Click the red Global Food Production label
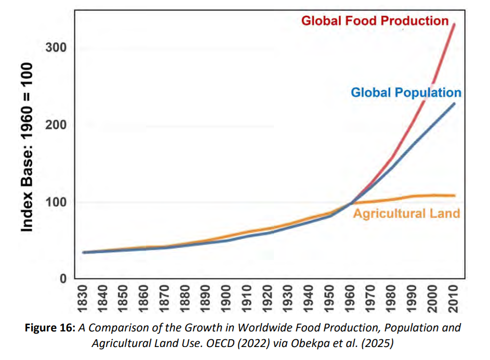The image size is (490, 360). [x=375, y=21]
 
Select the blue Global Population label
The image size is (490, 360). [x=406, y=92]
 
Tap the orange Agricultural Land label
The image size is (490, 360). [x=406, y=213]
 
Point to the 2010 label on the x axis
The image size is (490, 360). [x=454, y=298]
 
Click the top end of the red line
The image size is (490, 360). [x=455, y=24]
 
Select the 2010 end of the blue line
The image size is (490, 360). [x=455, y=103]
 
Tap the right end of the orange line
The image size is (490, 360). [x=455, y=195]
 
